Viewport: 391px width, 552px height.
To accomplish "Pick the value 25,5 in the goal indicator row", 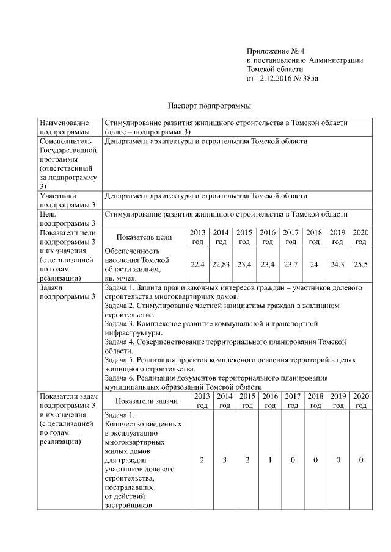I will pos(360,264).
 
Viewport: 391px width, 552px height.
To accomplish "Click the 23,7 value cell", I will pos(291,264).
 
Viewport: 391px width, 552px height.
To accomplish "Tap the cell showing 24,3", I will pos(337,264).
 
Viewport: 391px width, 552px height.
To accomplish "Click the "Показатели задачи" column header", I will pos(146,401).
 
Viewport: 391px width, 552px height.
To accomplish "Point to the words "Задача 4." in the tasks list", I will pos(121,342).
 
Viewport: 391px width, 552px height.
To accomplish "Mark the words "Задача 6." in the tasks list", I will pos(121,378).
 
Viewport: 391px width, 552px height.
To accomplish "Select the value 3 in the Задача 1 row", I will pos(224,460).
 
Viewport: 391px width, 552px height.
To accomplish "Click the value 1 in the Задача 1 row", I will pos(269,460).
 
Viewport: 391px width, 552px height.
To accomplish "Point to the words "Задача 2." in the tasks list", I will pos(121,305).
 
